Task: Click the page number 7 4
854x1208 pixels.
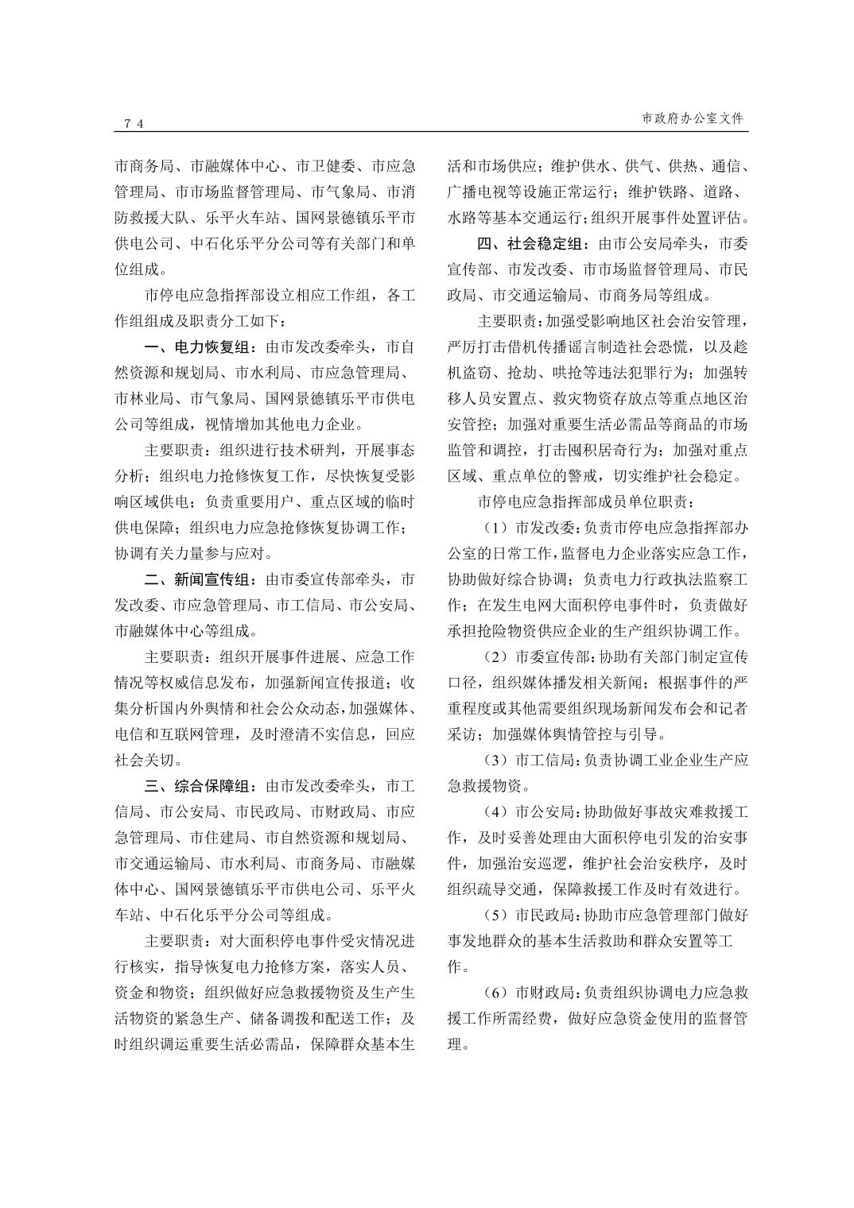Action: (x=133, y=123)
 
